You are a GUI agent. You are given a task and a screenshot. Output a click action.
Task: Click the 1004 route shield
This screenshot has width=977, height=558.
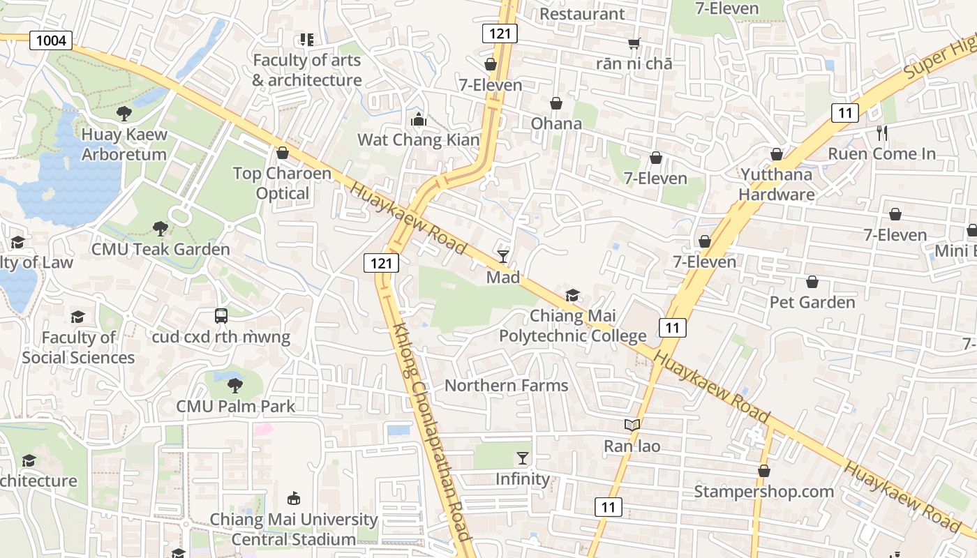[x=51, y=40]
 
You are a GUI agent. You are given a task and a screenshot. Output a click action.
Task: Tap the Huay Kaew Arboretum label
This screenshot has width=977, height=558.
[x=124, y=144]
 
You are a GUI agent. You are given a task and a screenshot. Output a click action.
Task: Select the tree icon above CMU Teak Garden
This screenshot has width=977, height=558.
[x=160, y=228]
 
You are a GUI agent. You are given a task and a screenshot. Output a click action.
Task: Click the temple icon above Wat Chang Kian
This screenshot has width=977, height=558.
[x=419, y=120]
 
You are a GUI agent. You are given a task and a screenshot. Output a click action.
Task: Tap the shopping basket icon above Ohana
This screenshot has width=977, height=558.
[x=556, y=104]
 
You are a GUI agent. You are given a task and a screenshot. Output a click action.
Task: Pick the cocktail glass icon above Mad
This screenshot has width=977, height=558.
[x=503, y=257]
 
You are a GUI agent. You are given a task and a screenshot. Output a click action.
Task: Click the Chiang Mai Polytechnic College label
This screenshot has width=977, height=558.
[x=572, y=326]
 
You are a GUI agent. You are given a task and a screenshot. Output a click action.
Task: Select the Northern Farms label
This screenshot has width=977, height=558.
[x=506, y=386]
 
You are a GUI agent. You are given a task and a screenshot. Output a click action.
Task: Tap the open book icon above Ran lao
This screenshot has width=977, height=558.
[x=632, y=425]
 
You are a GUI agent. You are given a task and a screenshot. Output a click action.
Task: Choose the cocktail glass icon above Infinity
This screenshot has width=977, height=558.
[x=522, y=458]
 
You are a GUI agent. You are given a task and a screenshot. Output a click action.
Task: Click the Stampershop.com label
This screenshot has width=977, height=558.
[x=763, y=492]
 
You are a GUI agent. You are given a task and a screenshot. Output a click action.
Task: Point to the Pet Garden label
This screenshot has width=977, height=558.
[x=812, y=302]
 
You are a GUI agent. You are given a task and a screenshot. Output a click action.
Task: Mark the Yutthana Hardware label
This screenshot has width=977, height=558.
[x=776, y=184]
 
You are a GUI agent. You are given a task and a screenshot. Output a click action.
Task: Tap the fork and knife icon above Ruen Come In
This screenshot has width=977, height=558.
[x=882, y=133]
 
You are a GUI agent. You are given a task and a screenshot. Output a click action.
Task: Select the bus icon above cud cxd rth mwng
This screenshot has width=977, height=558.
[x=221, y=316]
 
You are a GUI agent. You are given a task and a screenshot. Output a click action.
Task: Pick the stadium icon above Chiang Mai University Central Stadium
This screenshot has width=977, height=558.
[x=294, y=499]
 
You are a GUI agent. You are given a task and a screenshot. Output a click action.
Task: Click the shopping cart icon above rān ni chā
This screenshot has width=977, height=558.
[x=634, y=44]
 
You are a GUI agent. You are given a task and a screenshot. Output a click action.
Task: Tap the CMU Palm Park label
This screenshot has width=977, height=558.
[x=235, y=406]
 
